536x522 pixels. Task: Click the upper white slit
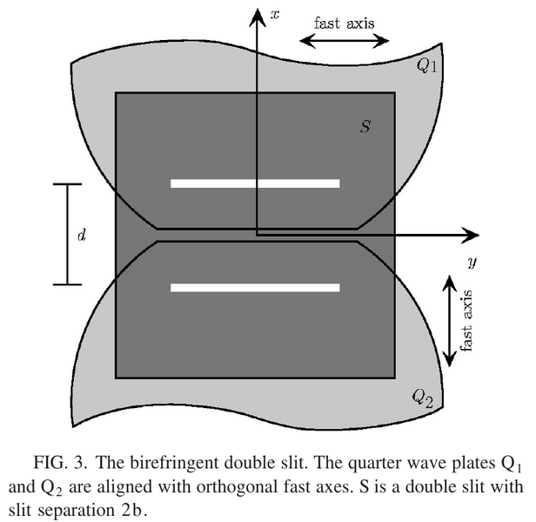click(x=255, y=184)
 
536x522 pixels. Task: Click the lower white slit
click(x=255, y=288)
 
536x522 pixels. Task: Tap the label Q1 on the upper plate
click(x=426, y=65)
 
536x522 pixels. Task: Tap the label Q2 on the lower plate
click(x=423, y=398)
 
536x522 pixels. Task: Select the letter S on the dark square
click(x=365, y=126)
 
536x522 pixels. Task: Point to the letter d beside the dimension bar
click(x=82, y=235)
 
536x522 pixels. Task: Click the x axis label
click(x=275, y=15)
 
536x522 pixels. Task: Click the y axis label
click(x=472, y=262)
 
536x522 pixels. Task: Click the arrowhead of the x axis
click(x=257, y=17)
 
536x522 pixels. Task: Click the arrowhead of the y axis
click(x=471, y=235)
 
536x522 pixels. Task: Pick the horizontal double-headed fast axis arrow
click(x=345, y=41)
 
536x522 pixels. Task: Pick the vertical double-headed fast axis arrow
click(x=450, y=321)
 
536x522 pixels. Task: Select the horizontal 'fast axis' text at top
click(x=345, y=23)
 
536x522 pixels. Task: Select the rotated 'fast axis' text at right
click(x=466, y=320)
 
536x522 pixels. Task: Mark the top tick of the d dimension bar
click(x=67, y=184)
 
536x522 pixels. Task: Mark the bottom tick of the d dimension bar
click(x=67, y=284)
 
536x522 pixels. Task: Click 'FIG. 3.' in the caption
click(x=60, y=463)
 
